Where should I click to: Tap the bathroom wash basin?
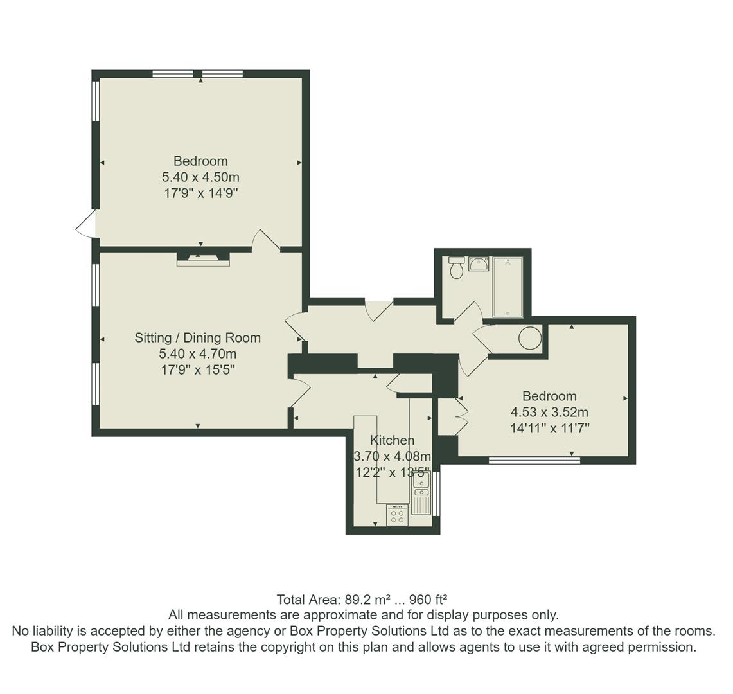(479, 263)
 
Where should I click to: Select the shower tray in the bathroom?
(508, 287)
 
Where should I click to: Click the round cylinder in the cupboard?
(530, 338)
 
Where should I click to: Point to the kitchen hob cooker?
(397, 515)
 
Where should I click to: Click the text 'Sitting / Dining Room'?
(197, 337)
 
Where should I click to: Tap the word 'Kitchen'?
(392, 440)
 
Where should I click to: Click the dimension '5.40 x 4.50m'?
(200, 177)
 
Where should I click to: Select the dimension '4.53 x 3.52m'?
(549, 412)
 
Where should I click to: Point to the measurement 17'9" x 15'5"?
(198, 369)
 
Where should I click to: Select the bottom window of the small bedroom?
(534, 459)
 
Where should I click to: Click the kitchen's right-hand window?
(436, 493)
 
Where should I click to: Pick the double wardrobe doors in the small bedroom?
(461, 416)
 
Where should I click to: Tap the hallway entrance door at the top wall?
(379, 309)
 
